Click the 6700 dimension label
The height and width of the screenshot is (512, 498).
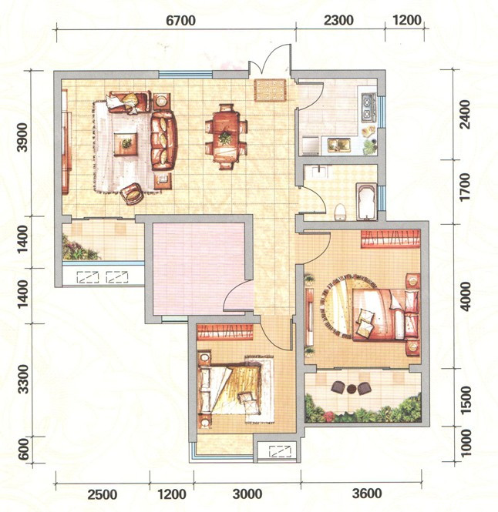pyautogui.click(x=180, y=21)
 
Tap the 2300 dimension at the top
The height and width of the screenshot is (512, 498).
pyautogui.click(x=338, y=21)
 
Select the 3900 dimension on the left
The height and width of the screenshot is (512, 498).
pyautogui.click(x=23, y=137)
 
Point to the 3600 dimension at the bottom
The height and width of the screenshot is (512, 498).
pyautogui.click(x=367, y=493)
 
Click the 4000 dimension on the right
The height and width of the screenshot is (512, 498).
pyautogui.click(x=465, y=296)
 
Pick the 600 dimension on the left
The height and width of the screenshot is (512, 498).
pyautogui.click(x=23, y=450)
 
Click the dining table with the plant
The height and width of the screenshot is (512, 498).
pyautogui.click(x=226, y=136)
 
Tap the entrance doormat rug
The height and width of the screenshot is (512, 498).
pyautogui.click(x=270, y=90)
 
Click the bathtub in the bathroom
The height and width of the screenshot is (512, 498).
pyautogui.click(x=366, y=202)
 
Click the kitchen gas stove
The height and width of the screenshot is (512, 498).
pyautogui.click(x=368, y=107)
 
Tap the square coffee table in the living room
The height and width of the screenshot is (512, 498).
pyautogui.click(x=126, y=144)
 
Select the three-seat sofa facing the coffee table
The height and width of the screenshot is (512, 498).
pyautogui.click(x=163, y=140)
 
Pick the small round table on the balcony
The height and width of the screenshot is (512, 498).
pyautogui.click(x=352, y=389)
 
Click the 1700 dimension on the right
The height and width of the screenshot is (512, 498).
pyautogui.click(x=465, y=187)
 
